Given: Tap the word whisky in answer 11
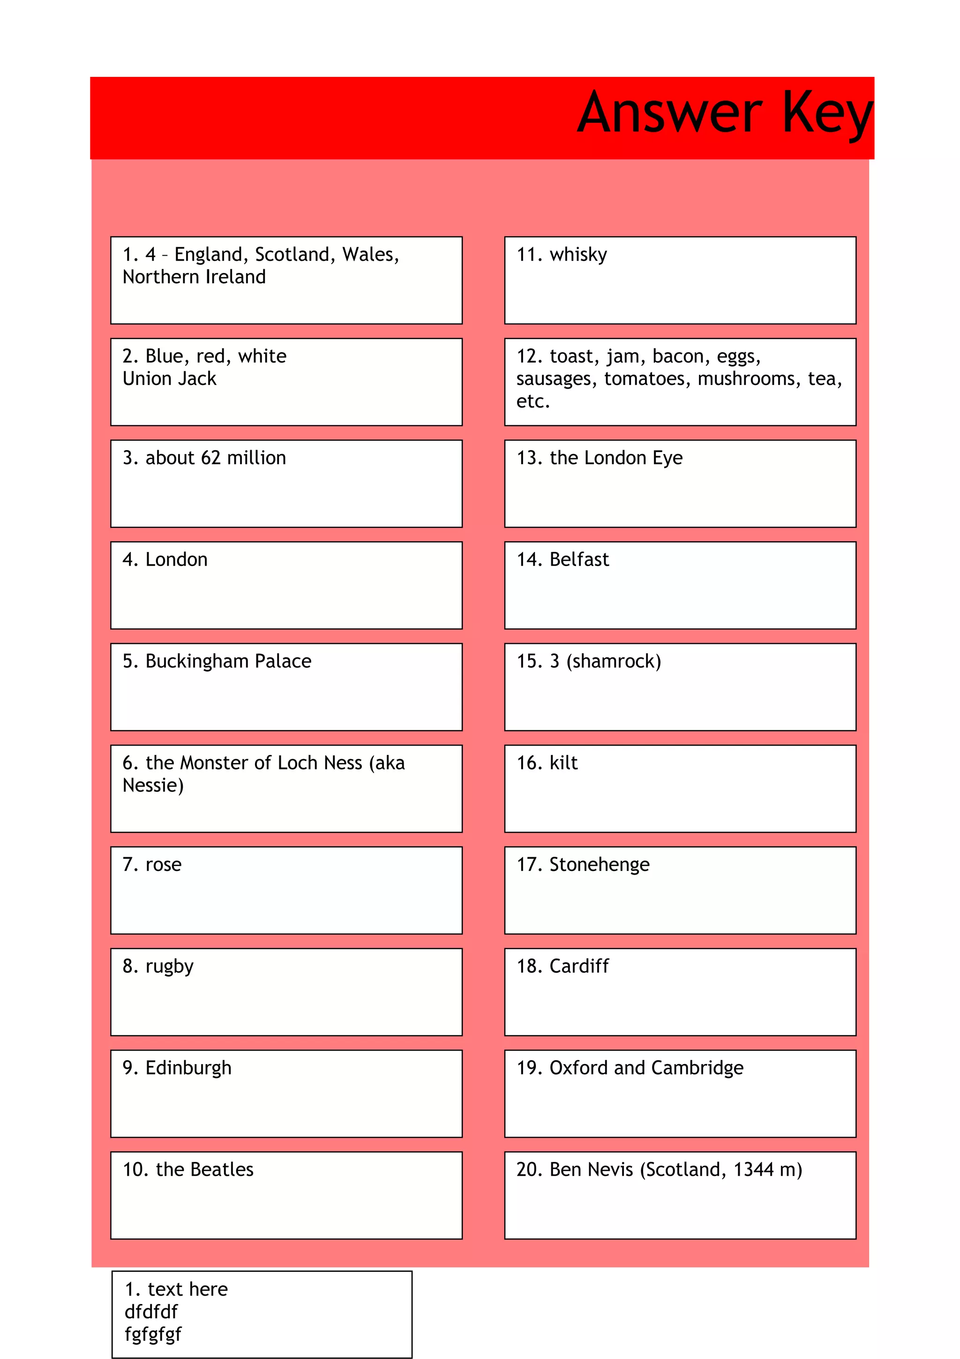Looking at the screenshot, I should [x=578, y=255].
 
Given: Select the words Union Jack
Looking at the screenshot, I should [x=169, y=379].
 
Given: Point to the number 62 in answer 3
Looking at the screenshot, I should [x=210, y=458].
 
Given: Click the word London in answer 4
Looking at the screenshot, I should [x=176, y=560].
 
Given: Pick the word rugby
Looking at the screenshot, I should [x=169, y=967].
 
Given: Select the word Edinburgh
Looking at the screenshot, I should [x=188, y=1068].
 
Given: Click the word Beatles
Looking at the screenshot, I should [x=222, y=1170].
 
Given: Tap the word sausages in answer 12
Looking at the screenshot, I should [x=554, y=379].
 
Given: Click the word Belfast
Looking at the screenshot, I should [x=578, y=560].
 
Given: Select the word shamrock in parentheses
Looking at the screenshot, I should [x=614, y=662].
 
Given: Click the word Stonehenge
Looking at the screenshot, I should [x=599, y=865].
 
